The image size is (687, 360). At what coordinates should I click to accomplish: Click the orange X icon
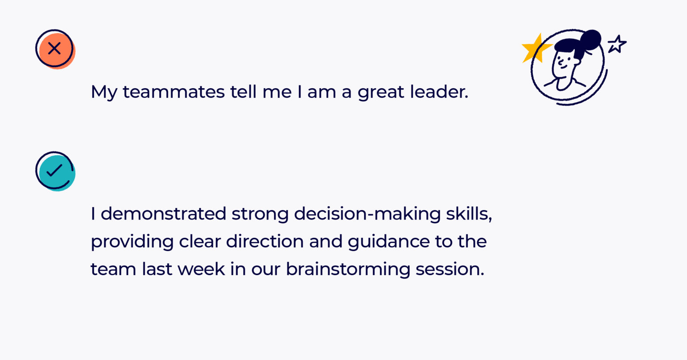pos(55,49)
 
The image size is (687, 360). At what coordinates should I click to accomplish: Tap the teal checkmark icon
pos(55,171)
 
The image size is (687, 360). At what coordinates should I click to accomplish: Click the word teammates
pos(174,92)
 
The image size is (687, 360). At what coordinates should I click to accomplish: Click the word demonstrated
pos(163,214)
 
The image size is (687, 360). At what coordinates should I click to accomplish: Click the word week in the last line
pos(201,269)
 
